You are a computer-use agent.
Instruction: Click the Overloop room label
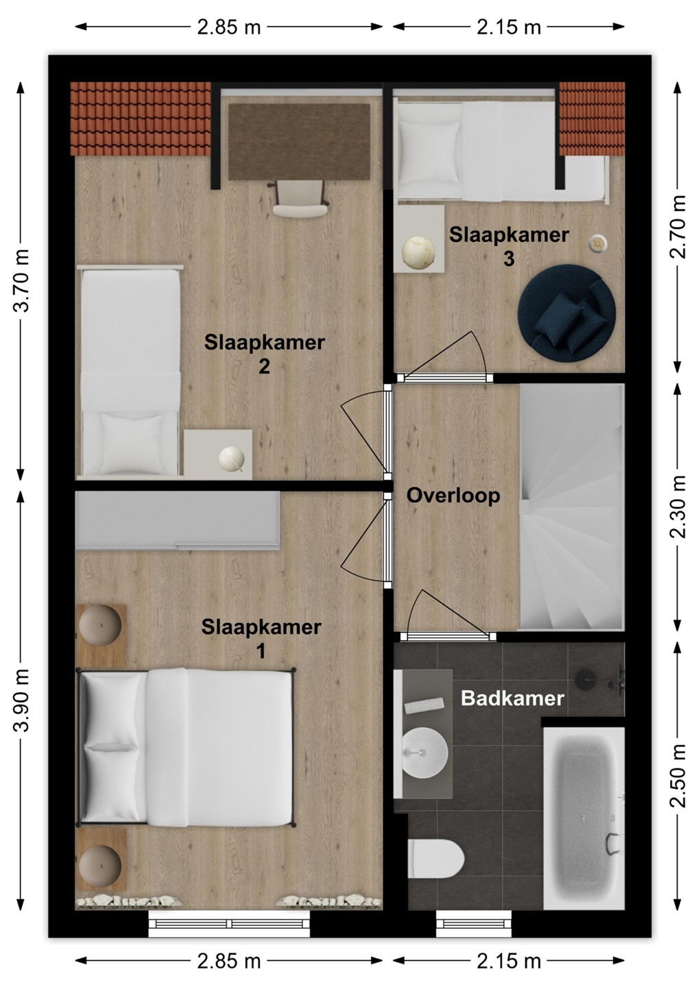coord(453,496)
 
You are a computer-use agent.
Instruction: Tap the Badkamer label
coord(512,698)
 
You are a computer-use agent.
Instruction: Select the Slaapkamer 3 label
coord(509,247)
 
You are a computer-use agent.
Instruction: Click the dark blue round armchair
coord(566,313)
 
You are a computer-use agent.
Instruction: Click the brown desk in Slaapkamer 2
coord(299,141)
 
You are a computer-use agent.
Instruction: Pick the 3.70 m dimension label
coord(21,280)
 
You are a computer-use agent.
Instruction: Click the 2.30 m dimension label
coord(677,507)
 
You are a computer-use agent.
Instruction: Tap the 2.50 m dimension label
coord(677,775)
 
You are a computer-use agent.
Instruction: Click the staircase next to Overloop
coord(572,507)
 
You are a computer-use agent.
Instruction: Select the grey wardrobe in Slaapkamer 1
coord(178,520)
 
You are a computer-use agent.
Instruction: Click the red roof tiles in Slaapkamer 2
coord(141,119)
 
